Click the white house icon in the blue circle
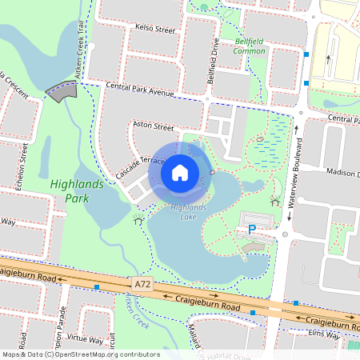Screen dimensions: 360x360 180,172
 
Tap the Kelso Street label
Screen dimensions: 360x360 155,30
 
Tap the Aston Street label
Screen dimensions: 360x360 152,126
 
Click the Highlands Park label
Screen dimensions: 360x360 76,190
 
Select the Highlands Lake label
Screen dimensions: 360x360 189,212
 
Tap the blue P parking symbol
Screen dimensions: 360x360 251,230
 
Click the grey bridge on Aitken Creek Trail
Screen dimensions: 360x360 62,90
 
